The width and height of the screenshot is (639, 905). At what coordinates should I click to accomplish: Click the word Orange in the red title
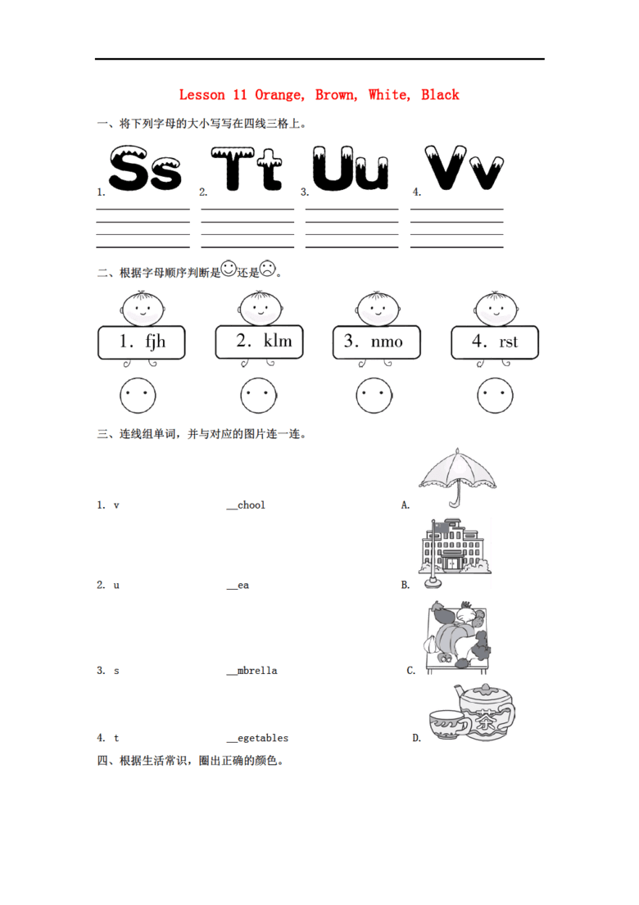(279, 95)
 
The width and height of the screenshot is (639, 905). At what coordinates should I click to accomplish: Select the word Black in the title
(440, 95)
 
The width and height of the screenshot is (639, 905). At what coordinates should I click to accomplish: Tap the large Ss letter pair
(145, 170)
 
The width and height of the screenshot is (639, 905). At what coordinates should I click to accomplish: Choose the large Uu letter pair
(351, 170)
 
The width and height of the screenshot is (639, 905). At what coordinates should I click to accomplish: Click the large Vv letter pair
(463, 170)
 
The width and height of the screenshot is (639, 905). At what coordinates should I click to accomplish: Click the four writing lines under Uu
(351, 228)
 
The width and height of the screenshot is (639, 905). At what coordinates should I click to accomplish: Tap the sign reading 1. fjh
(142, 342)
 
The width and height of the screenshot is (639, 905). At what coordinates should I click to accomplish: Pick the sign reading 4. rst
(496, 342)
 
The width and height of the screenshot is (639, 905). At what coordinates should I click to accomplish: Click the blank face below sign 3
(374, 396)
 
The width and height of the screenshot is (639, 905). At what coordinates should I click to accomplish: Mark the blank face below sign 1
(138, 396)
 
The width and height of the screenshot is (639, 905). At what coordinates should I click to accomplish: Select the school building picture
(453, 551)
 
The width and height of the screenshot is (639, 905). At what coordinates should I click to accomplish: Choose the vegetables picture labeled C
(457, 635)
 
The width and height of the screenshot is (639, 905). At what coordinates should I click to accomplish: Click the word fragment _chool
(247, 505)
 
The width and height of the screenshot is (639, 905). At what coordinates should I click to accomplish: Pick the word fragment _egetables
(257, 738)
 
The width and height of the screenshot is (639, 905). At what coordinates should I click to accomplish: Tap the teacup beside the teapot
(447, 726)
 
